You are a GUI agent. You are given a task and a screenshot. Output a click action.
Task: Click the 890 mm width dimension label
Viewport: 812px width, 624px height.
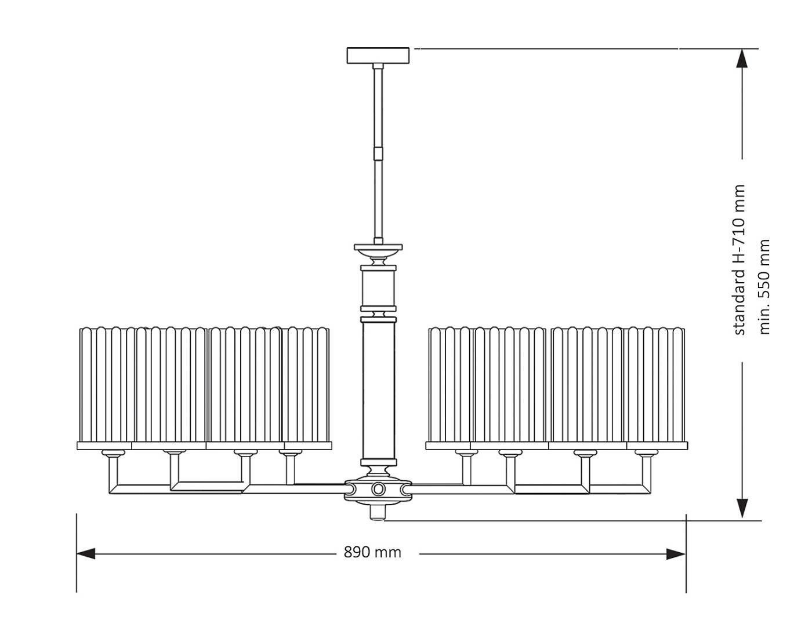click(x=372, y=552)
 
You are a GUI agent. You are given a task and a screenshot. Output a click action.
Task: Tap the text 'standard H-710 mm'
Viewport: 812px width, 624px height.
click(x=739, y=260)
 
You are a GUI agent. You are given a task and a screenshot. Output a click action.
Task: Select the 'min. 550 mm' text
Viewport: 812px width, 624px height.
click(x=764, y=287)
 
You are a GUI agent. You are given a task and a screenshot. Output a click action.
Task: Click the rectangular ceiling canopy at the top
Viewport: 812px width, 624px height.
click(x=378, y=56)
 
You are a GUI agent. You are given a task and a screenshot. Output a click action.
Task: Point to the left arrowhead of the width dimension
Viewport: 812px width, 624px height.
click(x=86, y=554)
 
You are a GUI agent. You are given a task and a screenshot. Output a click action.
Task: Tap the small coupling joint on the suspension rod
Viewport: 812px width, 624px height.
click(x=378, y=153)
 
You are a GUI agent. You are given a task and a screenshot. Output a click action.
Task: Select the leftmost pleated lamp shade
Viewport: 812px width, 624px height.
click(x=106, y=385)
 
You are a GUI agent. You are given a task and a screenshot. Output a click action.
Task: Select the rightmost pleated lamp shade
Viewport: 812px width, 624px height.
click(x=655, y=385)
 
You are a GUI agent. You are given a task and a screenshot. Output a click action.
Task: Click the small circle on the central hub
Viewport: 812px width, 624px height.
click(x=378, y=489)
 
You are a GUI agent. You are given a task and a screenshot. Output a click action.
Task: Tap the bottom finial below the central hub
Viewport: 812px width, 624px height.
click(x=378, y=513)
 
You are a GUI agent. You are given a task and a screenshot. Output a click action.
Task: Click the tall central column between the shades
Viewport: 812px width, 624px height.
click(x=378, y=388)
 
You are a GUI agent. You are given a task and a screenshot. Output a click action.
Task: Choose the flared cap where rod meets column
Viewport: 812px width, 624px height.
click(x=378, y=249)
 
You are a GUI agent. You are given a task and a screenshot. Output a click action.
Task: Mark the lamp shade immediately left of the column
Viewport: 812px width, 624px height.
click(x=306, y=385)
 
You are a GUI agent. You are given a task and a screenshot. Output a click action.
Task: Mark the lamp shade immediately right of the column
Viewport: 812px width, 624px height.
click(x=451, y=385)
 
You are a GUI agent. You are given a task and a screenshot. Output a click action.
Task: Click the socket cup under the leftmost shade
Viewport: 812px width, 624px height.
click(x=113, y=453)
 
